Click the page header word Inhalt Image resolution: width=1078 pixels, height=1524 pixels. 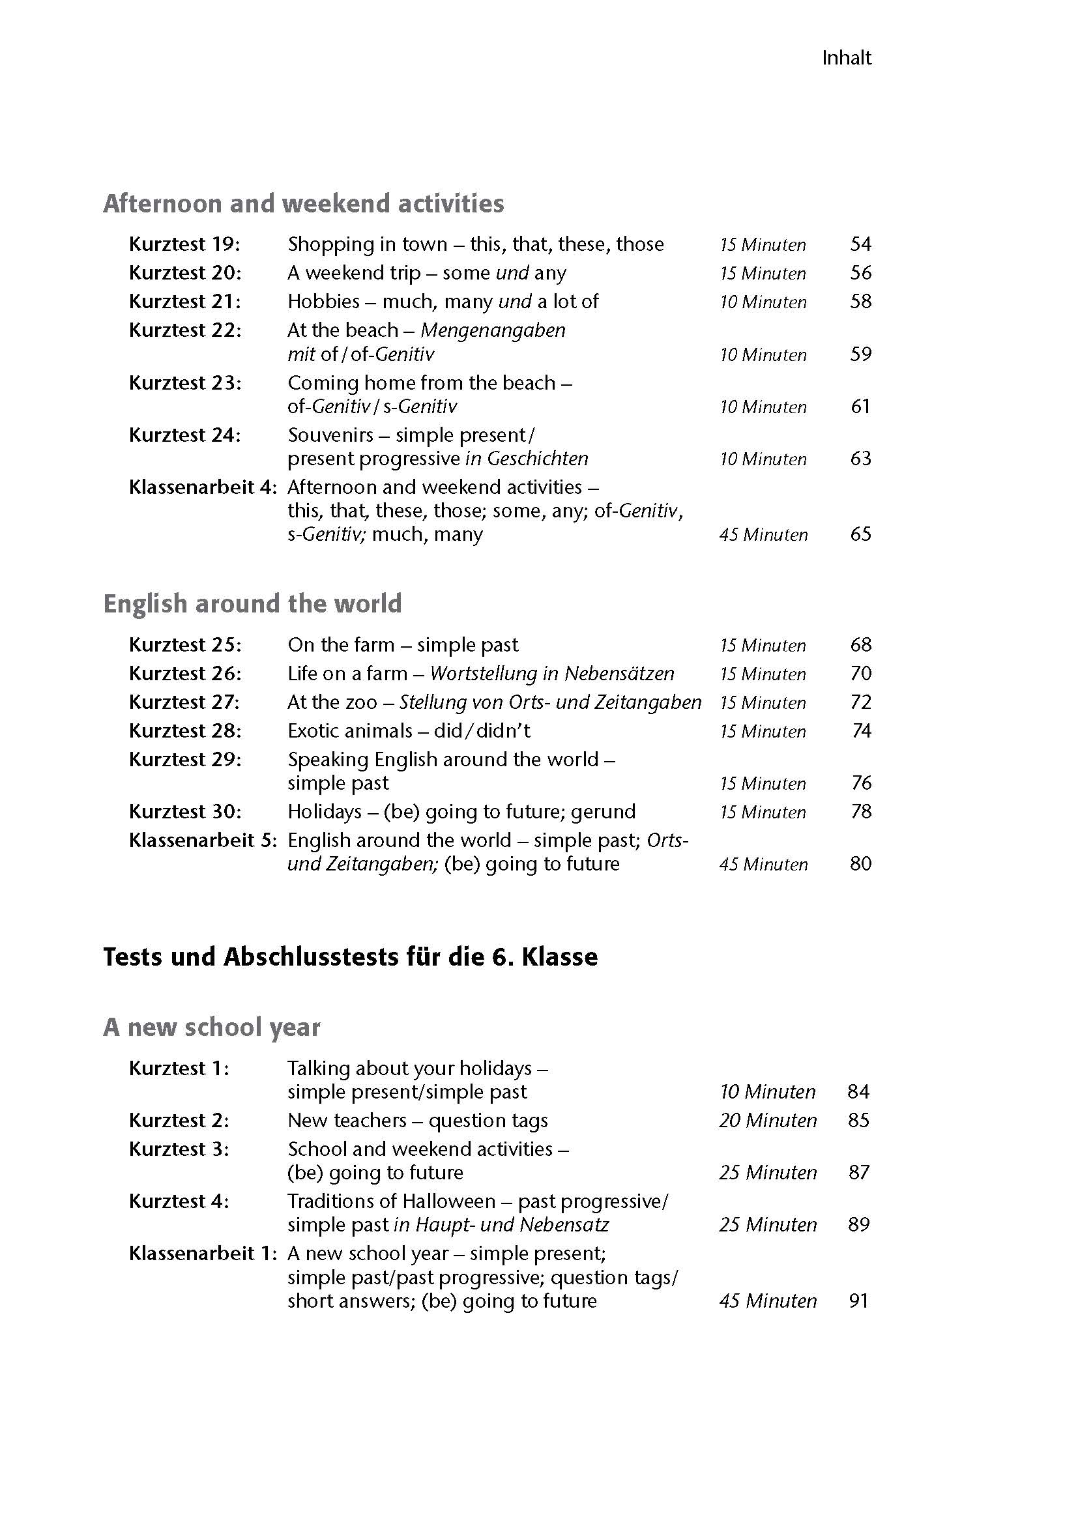pos(847,59)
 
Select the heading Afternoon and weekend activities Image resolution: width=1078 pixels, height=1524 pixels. pos(303,203)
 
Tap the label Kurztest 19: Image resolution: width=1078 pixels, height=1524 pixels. pos(184,244)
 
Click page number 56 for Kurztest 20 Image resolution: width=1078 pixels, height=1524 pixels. pos(860,273)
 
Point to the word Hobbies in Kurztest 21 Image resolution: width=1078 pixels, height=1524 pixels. pos(323,302)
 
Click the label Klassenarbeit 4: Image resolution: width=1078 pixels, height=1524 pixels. pos(202,487)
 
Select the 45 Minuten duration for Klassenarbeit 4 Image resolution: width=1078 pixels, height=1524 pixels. pos(763,534)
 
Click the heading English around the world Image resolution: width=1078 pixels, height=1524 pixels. pos(252,603)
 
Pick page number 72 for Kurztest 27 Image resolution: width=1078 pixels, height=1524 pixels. pos(860,702)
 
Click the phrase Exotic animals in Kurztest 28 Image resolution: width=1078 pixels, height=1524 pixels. pos(350,731)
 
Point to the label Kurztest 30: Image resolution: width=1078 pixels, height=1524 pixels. pos(184,812)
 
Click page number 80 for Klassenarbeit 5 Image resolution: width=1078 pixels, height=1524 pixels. pos(860,863)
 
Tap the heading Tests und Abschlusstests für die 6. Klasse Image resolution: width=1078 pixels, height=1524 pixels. pos(350,956)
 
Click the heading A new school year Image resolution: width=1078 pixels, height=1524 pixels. pos(211,1027)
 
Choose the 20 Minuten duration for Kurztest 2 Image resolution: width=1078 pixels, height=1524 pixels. pos(767,1121)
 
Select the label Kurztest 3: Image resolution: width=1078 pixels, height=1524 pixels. pos(179,1149)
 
